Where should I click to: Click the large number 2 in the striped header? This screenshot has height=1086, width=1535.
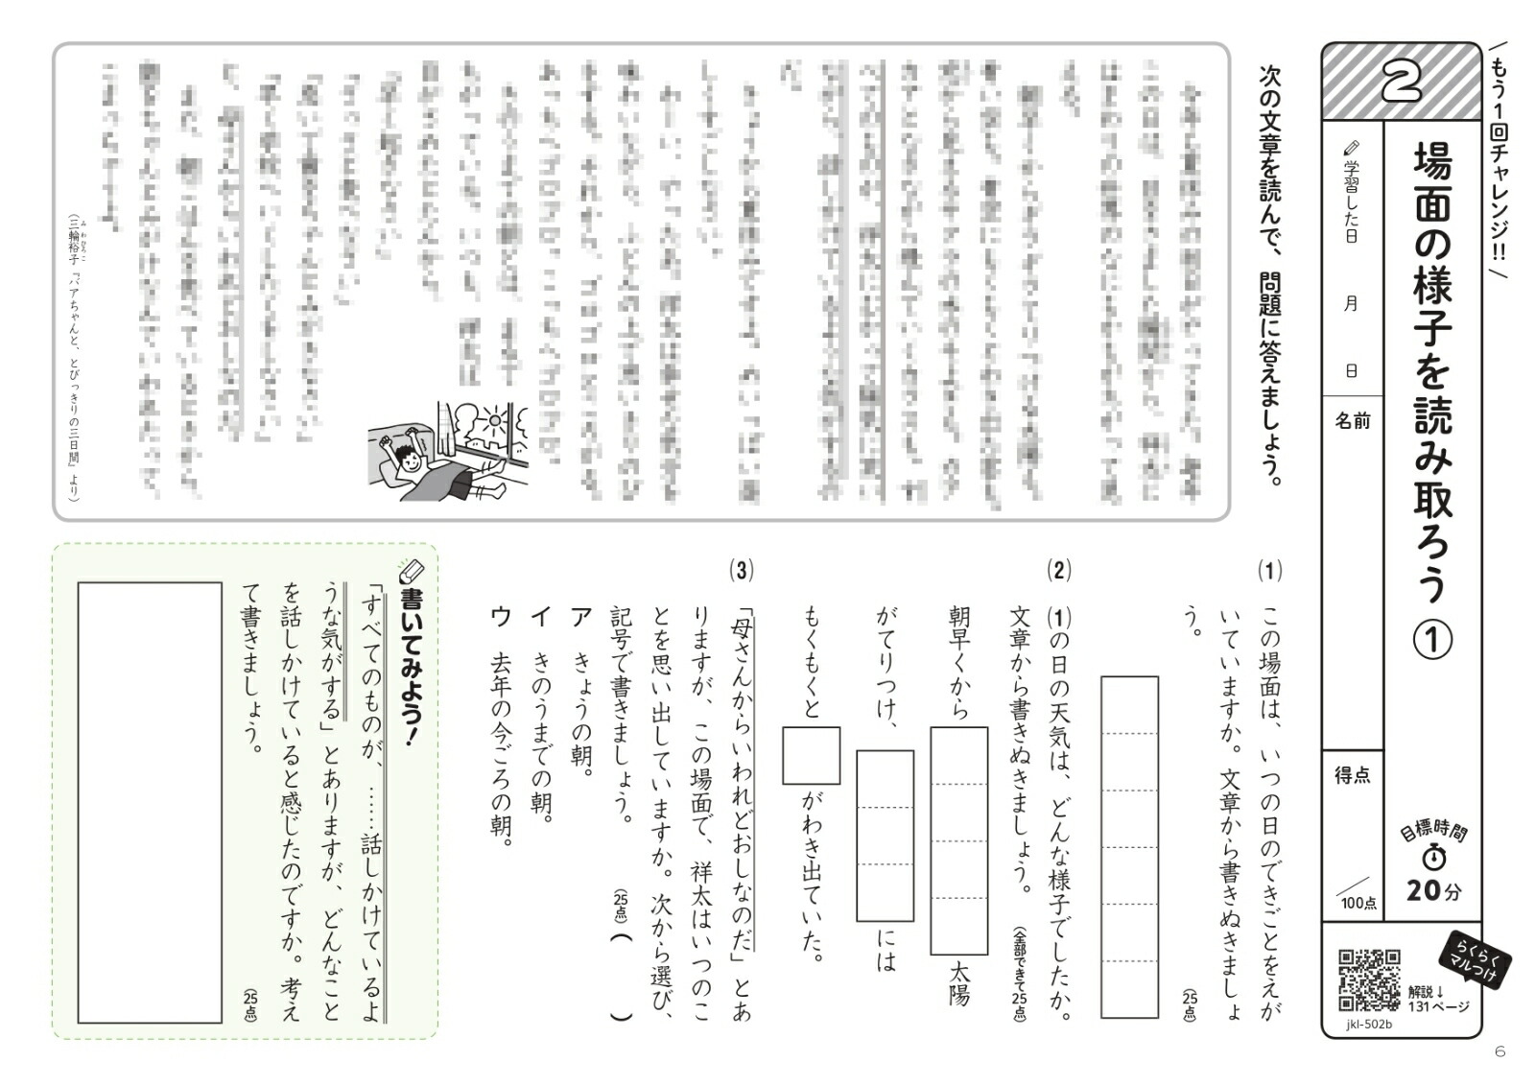point(1402,83)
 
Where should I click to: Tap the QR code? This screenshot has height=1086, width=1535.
point(1369,980)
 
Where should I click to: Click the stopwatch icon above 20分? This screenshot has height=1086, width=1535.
point(1434,857)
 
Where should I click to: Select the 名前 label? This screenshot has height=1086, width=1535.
point(1353,421)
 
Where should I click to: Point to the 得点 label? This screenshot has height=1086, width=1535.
point(1353,775)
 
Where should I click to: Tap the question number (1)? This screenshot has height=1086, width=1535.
point(1269,572)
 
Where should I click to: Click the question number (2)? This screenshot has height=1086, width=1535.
point(1058,572)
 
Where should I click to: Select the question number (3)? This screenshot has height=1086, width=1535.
point(741,572)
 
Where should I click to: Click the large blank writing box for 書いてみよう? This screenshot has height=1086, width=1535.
point(150,802)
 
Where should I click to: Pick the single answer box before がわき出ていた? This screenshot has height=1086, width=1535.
point(811,755)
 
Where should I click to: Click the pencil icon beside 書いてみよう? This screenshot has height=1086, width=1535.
point(412,573)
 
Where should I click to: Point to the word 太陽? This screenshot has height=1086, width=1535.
point(957,983)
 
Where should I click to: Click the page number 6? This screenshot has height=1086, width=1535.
point(1500,1052)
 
